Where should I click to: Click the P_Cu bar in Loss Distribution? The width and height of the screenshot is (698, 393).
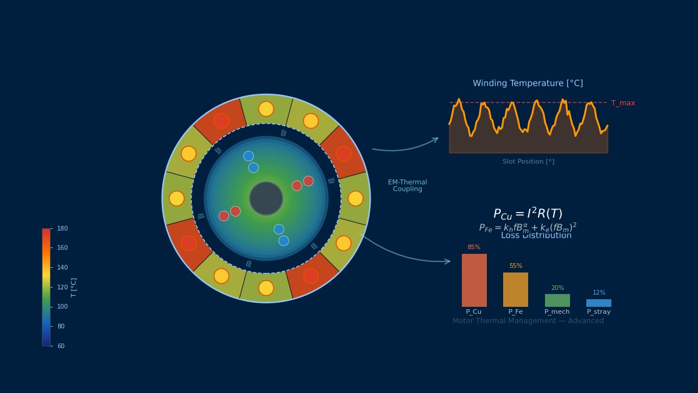tap(474, 280)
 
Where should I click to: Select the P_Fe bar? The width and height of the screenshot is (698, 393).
tap(515, 289)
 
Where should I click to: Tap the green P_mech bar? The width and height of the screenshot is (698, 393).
tap(557, 300)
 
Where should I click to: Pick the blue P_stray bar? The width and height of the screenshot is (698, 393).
tap(599, 303)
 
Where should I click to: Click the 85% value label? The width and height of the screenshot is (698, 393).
tap(474, 247)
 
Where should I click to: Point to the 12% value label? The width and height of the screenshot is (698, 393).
tap(599, 293)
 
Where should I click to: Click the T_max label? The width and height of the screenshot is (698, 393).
tap(623, 103)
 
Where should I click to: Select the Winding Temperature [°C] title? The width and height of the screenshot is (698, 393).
tap(528, 83)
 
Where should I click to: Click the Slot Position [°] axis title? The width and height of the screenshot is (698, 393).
tap(528, 162)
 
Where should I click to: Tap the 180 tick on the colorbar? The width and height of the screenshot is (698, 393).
tap(62, 229)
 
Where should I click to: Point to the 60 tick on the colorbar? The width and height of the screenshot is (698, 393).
tap(61, 346)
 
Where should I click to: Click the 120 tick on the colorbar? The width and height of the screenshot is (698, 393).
tap(62, 287)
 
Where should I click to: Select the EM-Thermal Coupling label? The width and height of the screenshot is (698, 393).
tap(407, 186)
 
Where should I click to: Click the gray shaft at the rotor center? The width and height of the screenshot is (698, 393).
tap(266, 199)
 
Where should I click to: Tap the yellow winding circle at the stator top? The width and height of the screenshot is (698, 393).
tap(266, 109)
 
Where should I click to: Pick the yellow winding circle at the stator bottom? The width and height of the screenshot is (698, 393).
tap(266, 288)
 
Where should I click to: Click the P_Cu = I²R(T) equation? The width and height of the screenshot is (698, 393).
tap(528, 214)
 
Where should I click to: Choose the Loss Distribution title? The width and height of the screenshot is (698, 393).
tap(536, 236)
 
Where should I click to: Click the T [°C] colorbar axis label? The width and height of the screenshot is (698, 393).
tap(74, 287)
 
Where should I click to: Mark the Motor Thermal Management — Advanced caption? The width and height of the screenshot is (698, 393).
tap(528, 321)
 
